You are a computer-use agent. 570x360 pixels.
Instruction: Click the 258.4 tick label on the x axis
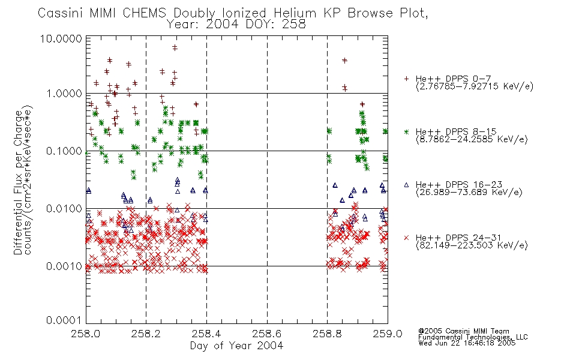pyautogui.click(x=206, y=334)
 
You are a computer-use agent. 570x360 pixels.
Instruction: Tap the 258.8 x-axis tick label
pyautogui.click(x=327, y=334)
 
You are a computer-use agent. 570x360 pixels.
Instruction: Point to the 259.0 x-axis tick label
pyautogui.click(x=388, y=334)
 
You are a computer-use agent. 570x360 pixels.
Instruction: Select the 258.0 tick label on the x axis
pyautogui.click(x=86, y=334)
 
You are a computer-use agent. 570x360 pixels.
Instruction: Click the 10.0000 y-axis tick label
pyautogui.click(x=61, y=38)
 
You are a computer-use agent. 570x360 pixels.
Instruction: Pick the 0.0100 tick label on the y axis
pyautogui.click(x=64, y=209)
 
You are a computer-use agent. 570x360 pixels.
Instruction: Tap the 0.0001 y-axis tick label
pyautogui.click(x=64, y=320)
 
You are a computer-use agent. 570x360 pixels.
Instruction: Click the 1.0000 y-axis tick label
pyautogui.click(x=64, y=94)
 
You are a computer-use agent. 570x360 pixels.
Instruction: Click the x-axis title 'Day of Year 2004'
pyautogui.click(x=236, y=346)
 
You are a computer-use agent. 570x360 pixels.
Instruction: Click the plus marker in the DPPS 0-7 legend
pyautogui.click(x=406, y=79)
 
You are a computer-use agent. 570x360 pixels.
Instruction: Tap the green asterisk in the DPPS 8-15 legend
pyautogui.click(x=406, y=131)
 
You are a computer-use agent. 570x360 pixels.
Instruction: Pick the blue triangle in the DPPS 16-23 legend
pyautogui.click(x=406, y=185)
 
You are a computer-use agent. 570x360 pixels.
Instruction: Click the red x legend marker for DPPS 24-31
pyautogui.click(x=406, y=238)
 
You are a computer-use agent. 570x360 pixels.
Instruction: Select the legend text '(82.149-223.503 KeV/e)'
pyautogui.click(x=472, y=245)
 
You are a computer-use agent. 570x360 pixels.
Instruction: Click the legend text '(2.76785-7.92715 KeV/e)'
pyautogui.click(x=475, y=86)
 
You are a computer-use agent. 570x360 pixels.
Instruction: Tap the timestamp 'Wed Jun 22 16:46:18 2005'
pyautogui.click(x=467, y=343)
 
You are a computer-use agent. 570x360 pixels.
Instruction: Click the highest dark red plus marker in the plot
pyautogui.click(x=175, y=47)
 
